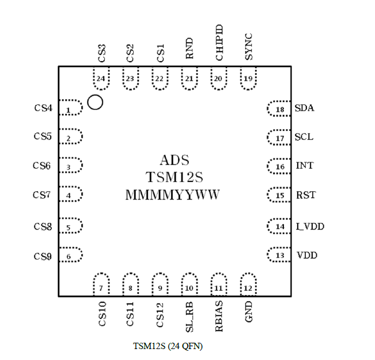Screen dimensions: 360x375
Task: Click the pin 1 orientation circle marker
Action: [x=95, y=103]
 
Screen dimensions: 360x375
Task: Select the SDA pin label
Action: [x=304, y=108]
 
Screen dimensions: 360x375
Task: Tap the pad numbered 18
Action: [x=279, y=109]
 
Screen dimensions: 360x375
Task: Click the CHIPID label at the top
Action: [x=219, y=43]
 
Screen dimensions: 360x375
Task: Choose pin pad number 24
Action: [x=101, y=79]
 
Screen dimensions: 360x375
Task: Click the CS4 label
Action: [x=43, y=108]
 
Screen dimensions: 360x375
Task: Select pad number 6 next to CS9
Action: [x=70, y=256]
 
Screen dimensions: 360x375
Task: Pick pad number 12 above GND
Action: [x=248, y=286]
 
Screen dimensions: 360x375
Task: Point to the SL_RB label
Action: [x=189, y=316]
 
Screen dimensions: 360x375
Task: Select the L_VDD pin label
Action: [x=310, y=226]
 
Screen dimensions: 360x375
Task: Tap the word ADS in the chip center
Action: [x=174, y=160]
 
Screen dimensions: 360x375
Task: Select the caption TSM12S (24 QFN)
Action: [x=168, y=346]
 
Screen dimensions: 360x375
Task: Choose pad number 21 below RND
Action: [x=189, y=79]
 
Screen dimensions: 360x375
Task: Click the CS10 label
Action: [x=102, y=314]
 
